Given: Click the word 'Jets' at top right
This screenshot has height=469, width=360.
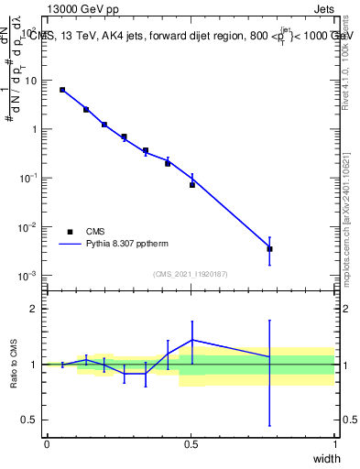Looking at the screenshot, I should [324, 9].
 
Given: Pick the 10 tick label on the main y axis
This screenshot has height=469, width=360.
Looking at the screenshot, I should [29, 80].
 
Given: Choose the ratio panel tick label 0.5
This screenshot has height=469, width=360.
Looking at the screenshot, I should [29, 420].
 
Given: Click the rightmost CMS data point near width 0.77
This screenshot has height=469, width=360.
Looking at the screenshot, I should [269, 248].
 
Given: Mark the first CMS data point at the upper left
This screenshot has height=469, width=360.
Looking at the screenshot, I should [62, 90].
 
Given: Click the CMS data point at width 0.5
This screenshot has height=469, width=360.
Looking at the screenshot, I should [192, 185].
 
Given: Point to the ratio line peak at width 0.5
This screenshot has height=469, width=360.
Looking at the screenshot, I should [192, 340].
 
